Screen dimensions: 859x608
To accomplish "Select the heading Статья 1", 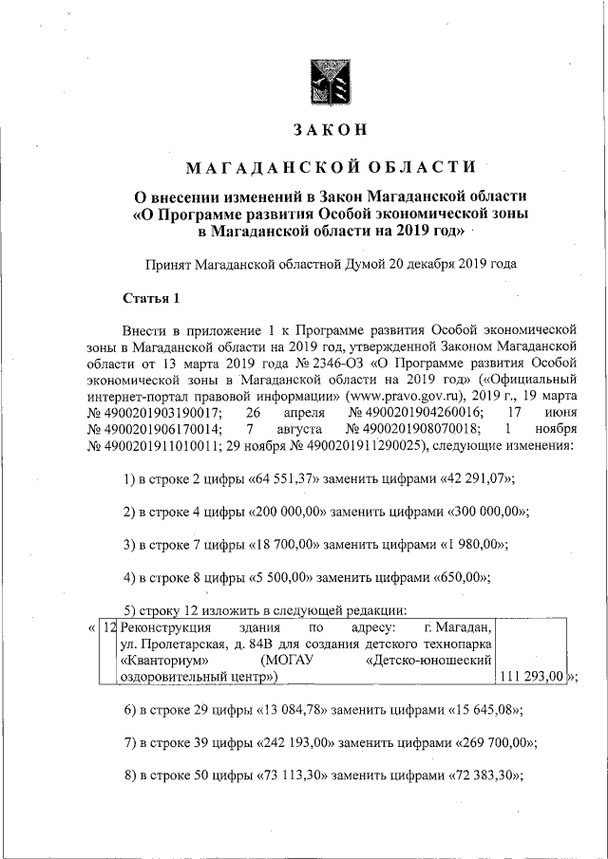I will coord(151,300).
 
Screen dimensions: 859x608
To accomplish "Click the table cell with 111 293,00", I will coord(530,677).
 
